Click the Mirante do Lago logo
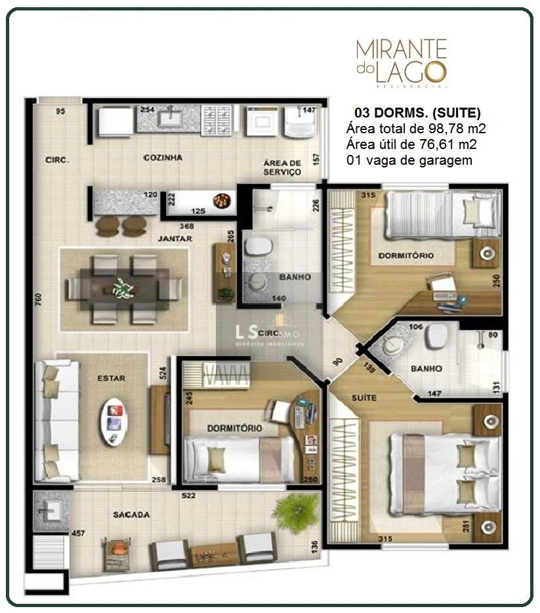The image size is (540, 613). (x=401, y=62)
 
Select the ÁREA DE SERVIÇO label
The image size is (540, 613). (x=282, y=167)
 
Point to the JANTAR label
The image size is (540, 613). (x=174, y=239)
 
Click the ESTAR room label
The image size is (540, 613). (x=111, y=378)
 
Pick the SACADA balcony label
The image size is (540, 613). (x=131, y=515)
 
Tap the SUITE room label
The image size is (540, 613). (x=364, y=398)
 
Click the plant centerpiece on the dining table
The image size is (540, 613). (x=122, y=287)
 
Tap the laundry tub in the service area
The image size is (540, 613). (x=301, y=122)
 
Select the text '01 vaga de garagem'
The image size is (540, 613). (x=408, y=160)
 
